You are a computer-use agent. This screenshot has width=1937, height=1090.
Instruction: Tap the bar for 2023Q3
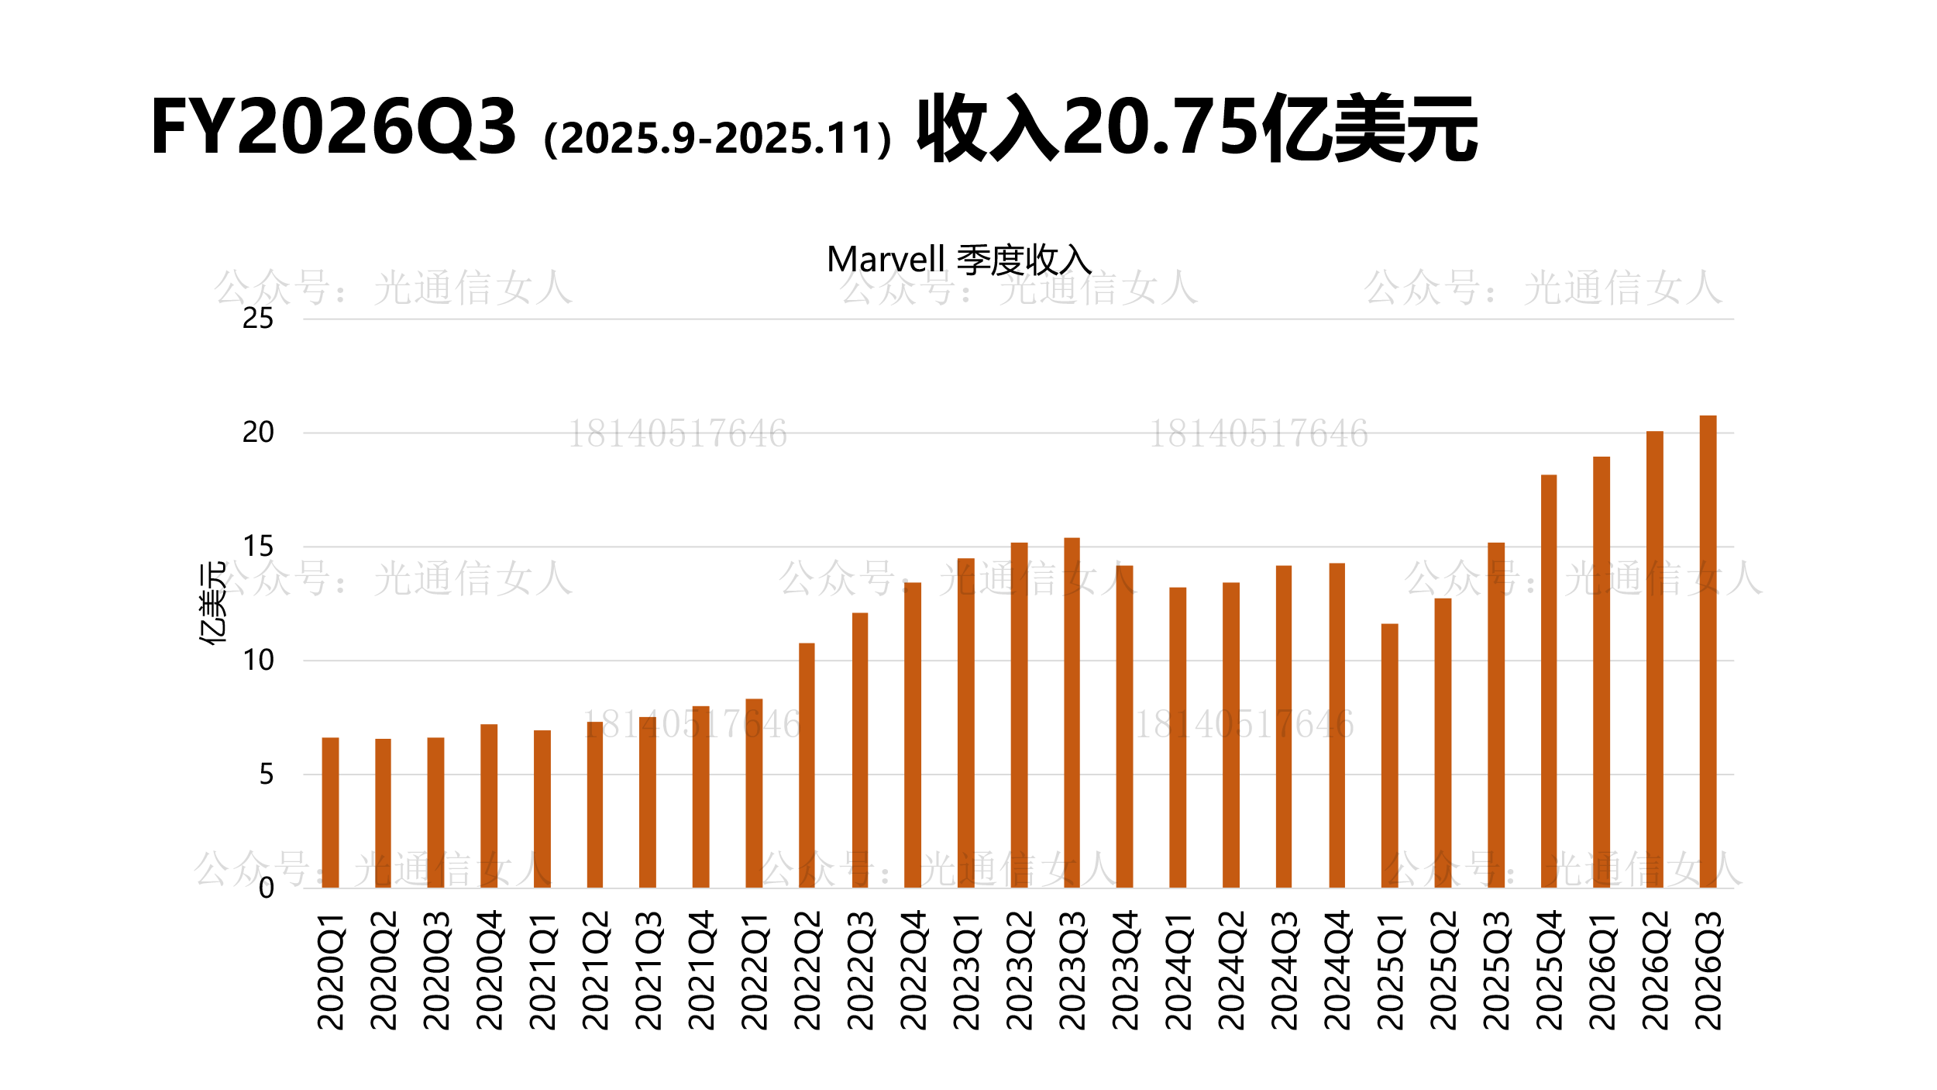1072,712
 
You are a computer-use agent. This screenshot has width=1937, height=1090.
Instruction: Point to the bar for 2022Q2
807,765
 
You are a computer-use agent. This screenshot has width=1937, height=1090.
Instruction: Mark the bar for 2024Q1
1178,737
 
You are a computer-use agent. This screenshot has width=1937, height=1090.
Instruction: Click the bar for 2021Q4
700,797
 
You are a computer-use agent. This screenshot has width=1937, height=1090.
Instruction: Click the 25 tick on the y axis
258,319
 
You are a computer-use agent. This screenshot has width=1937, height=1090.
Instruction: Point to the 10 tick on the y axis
258,661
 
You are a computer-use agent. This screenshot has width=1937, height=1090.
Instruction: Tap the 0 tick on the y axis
267,888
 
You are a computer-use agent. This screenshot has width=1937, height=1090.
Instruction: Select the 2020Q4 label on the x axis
490,970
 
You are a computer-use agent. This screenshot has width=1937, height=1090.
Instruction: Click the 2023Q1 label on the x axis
966,970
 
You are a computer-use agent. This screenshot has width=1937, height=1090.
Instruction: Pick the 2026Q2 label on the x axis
1655,970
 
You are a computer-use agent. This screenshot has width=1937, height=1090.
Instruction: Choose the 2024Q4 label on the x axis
1337,970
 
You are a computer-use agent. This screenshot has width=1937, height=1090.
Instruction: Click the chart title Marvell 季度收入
959,260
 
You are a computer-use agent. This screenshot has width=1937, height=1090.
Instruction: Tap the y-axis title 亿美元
212,603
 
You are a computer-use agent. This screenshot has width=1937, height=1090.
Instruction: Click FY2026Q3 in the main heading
333,127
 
